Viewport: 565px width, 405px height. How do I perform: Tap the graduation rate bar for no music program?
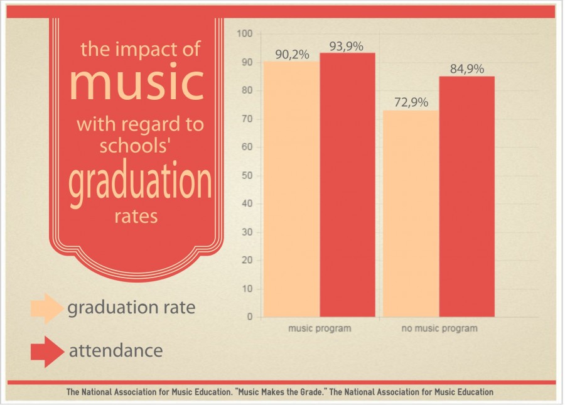point(411,213)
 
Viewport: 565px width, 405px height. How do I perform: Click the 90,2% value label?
point(292,55)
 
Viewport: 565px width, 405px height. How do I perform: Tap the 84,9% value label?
point(466,69)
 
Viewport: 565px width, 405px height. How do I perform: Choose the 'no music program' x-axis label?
point(439,328)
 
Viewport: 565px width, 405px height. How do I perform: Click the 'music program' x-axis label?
point(320,328)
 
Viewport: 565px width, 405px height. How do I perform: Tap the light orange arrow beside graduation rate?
point(46,308)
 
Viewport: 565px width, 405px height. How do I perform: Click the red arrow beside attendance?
point(46,351)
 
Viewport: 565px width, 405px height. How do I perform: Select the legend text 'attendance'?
point(116,350)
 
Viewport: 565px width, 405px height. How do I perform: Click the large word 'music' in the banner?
point(136,82)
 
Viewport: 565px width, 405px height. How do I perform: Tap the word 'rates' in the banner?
point(136,217)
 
